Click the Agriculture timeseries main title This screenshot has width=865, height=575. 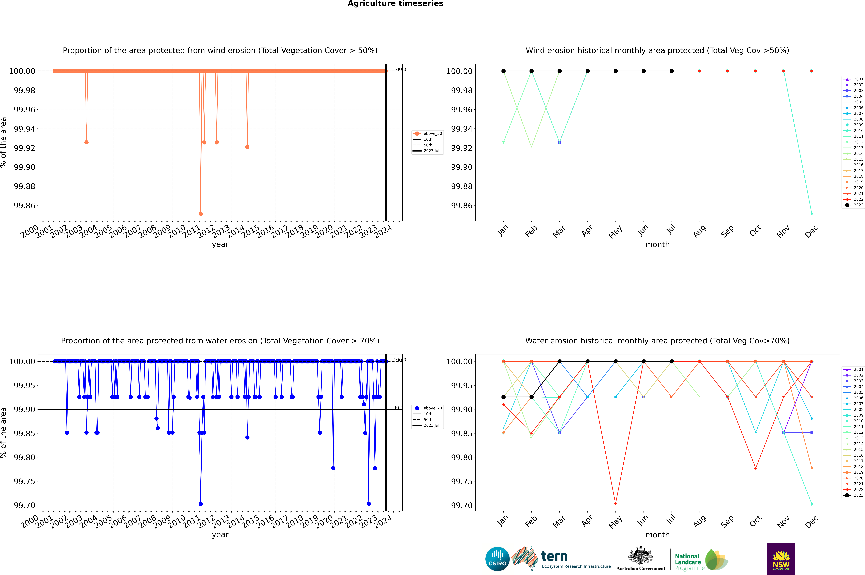[x=395, y=4]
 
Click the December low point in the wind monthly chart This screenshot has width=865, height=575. [x=811, y=213]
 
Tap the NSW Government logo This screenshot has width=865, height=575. [x=781, y=559]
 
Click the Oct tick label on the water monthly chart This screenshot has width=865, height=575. [x=755, y=521]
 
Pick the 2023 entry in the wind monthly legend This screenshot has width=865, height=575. [x=854, y=205]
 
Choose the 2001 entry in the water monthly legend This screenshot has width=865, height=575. [x=854, y=369]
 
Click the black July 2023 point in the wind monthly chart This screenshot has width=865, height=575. [x=671, y=71]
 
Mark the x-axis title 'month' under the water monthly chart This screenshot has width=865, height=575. [x=657, y=535]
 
